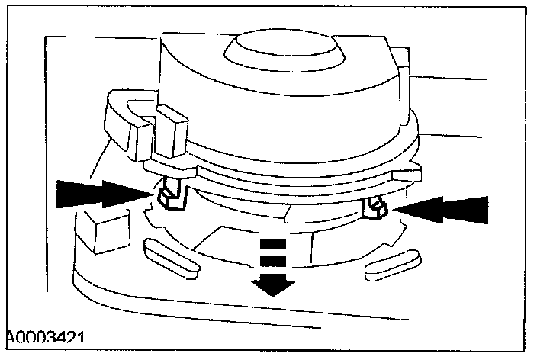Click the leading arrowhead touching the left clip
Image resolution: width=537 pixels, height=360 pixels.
(127, 193)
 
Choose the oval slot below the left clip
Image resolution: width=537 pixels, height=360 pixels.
(169, 254)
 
